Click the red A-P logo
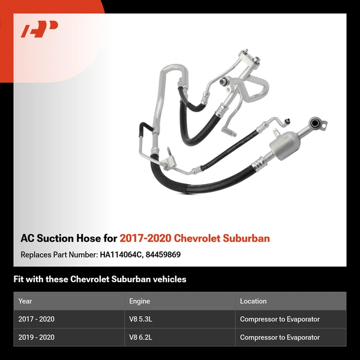point(39,29)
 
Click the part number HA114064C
point(121,254)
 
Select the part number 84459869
point(163,254)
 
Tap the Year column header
point(25,301)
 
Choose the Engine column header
point(139,301)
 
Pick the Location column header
point(253,301)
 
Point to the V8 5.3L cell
point(142,319)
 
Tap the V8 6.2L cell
point(142,337)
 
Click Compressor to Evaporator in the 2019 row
point(280,337)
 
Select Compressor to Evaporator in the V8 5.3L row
point(280,319)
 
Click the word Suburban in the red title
point(246,238)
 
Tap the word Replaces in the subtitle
point(37,254)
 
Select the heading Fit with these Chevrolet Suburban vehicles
point(100,279)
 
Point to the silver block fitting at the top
point(248,60)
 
